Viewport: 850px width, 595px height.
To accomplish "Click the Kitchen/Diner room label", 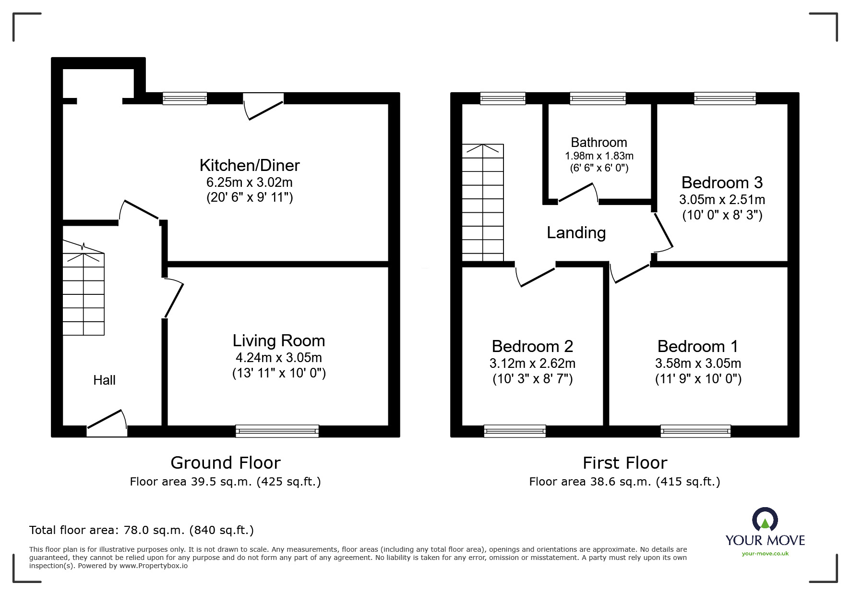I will point(250,165).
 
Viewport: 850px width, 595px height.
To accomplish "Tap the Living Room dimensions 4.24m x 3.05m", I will point(278,358).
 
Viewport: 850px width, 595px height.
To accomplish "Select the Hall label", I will point(104,380).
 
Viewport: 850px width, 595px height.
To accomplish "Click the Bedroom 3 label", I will point(722,182).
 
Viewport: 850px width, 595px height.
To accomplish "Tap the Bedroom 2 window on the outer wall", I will point(515,431).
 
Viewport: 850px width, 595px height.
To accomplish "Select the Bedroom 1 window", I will point(695,431).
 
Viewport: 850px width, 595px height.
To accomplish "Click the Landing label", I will point(576,233).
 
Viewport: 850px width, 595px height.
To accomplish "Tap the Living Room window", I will point(277,431).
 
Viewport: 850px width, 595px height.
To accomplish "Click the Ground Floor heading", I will point(225,463).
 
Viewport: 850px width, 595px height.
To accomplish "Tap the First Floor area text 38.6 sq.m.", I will point(624,482).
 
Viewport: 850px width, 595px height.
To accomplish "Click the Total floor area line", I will point(142,530).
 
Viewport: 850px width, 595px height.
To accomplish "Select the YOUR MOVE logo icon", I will point(765,520).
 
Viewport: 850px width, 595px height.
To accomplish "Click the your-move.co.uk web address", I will point(765,554).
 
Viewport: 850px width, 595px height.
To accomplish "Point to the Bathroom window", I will point(598,98).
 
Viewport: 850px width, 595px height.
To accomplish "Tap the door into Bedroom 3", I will point(663,231).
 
